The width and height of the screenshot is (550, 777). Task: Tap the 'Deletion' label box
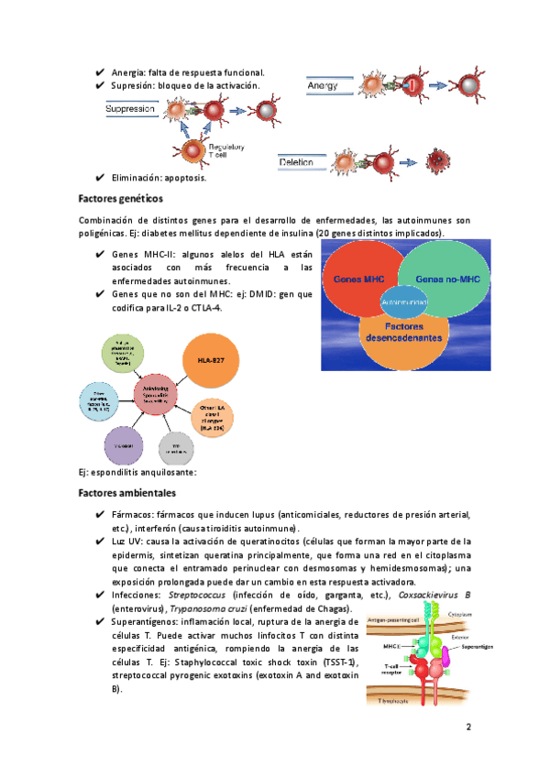[x=297, y=162]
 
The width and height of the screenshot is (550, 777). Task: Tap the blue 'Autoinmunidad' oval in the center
[x=401, y=300]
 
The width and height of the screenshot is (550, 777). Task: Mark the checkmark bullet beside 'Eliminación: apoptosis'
[x=99, y=178]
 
